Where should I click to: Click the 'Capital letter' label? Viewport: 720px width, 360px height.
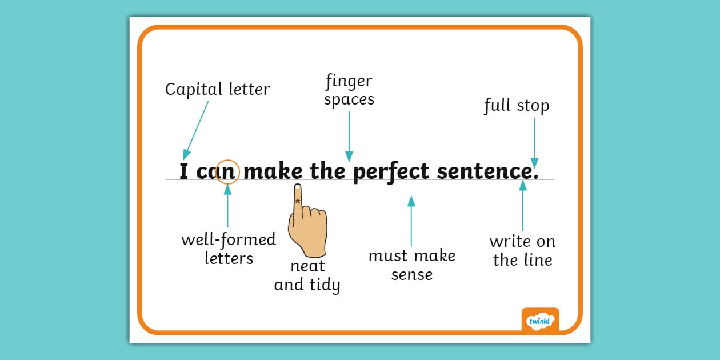tap(217, 90)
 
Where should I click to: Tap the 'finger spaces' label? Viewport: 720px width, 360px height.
tap(349, 90)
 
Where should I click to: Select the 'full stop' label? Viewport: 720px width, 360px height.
tap(517, 106)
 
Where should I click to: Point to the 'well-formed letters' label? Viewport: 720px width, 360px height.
tap(229, 249)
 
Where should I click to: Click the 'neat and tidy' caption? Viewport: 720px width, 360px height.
tap(307, 275)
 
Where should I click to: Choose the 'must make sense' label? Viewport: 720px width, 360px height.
tap(412, 265)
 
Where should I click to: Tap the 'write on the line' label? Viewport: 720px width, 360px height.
tap(522, 251)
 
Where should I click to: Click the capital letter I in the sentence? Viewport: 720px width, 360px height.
tap(184, 171)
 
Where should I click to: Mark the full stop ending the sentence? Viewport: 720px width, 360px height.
tap(535, 176)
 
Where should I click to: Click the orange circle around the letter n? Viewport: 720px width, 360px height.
tap(227, 171)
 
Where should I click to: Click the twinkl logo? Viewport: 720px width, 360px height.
tap(540, 321)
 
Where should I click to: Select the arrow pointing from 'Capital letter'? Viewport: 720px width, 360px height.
tap(195, 130)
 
